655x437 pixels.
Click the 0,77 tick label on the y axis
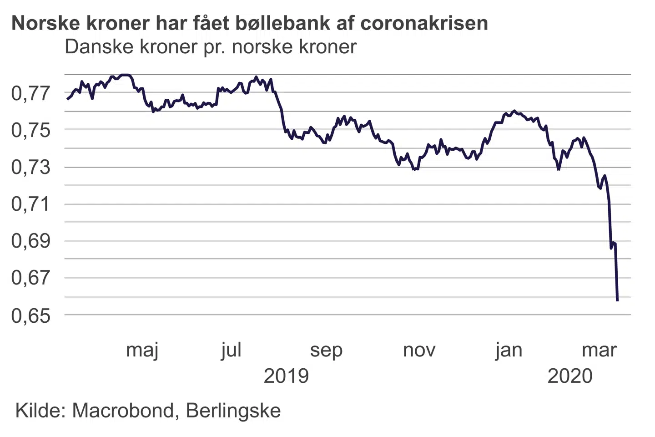(30, 93)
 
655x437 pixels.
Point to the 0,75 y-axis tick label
(30, 130)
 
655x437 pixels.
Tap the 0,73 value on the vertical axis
(30, 167)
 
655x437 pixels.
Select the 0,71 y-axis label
(30, 204)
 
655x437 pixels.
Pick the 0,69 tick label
(30, 241)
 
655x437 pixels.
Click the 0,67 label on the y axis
(30, 278)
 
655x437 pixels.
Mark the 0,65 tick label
(30, 315)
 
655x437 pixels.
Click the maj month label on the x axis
(142, 351)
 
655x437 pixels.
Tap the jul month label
(231, 351)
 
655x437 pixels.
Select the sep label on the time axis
(326, 351)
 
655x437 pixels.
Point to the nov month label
(419, 351)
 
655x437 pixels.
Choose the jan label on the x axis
(509, 351)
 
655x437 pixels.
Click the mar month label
(600, 351)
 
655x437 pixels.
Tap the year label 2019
(286, 376)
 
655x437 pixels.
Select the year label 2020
(570, 376)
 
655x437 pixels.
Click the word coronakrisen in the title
(424, 23)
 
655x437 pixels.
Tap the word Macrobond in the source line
(123, 411)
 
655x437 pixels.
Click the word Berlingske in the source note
(233, 411)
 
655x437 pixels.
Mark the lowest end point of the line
(617, 300)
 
